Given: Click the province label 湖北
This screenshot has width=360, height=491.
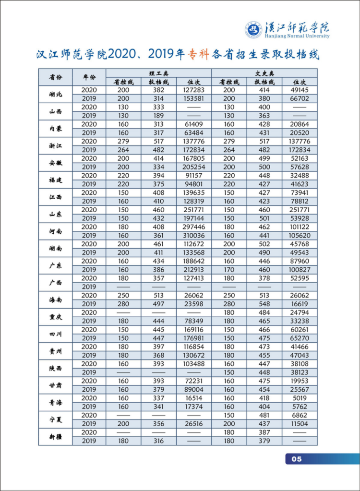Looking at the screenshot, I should (55, 94).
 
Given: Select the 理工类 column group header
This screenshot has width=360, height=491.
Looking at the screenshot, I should (159, 73).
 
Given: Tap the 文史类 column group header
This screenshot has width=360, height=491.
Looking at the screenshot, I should (264, 73).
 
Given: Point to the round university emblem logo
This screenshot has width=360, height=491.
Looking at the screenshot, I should (253, 30).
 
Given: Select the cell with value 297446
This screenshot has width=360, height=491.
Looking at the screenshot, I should (194, 227).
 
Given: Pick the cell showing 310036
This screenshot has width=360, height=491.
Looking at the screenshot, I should (194, 236).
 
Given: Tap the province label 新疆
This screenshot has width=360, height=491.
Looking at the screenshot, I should (55, 437).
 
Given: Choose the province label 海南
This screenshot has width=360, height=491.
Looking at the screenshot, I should (55, 299).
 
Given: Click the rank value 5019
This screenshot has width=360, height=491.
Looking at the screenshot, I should (300, 398).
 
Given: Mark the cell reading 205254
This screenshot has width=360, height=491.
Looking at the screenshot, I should (194, 167).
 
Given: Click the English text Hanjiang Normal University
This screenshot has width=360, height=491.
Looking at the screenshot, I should (297, 36).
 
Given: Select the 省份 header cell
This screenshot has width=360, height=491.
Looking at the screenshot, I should (55, 77).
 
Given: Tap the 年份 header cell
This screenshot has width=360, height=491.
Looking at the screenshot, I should (89, 77).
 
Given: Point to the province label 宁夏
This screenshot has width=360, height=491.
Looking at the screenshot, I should (55, 419).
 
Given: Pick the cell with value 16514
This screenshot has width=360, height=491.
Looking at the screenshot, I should (194, 398).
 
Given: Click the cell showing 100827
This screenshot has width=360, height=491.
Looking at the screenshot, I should (300, 270).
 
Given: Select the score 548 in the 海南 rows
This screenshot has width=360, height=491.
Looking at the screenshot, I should (264, 304).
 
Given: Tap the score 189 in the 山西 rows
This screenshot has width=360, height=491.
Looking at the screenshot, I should (159, 115).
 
